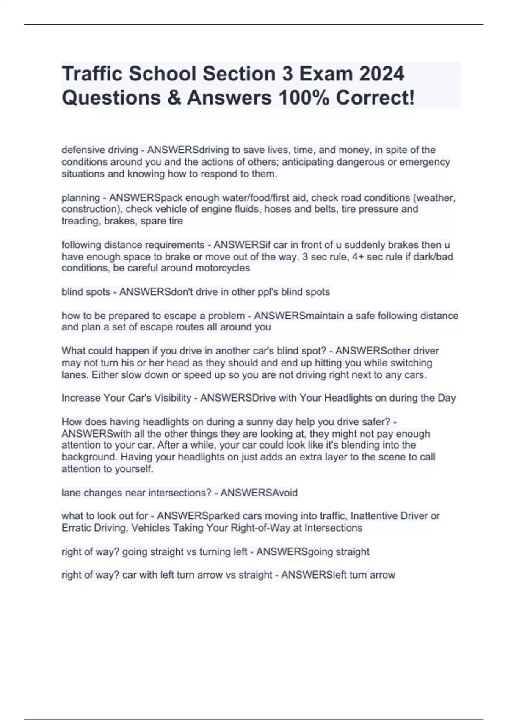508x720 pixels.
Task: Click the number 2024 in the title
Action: point(381,74)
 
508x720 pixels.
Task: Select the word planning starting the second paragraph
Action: point(81,198)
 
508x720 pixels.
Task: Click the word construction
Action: point(90,209)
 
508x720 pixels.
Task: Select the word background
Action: point(86,457)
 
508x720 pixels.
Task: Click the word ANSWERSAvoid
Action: point(259,493)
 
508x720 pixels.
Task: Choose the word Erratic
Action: point(76,528)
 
